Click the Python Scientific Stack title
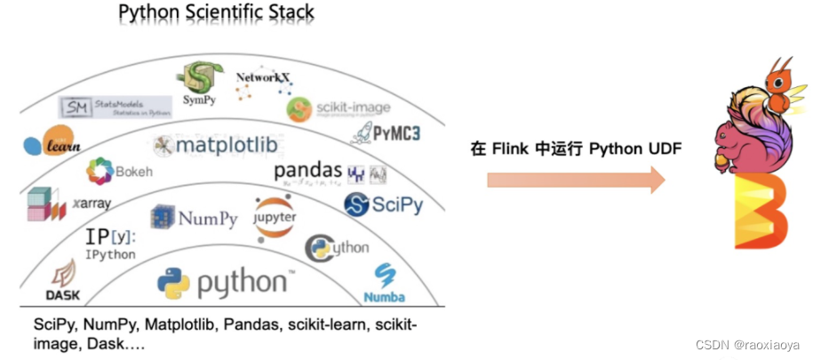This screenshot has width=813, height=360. point(216,14)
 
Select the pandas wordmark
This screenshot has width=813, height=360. point(307,169)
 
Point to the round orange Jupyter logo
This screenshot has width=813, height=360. point(275,217)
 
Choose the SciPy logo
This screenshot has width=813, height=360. point(383,205)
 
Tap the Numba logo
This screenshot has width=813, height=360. point(384,284)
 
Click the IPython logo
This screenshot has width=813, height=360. point(110,244)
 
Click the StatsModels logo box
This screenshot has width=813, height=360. point(115,108)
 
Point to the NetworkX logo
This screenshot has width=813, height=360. point(263,88)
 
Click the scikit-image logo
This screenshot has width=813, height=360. point(338,108)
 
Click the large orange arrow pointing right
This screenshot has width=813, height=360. point(575,181)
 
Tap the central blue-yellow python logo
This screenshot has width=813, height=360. point(222,284)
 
